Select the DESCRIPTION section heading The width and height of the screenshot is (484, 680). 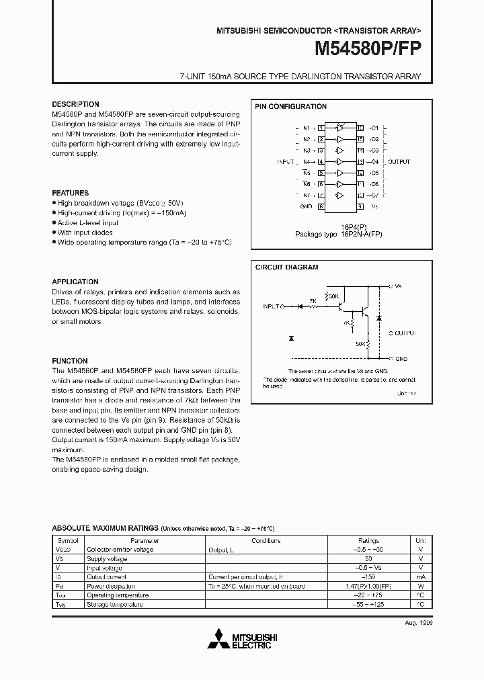coord(75,104)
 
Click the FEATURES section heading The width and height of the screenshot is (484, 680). coord(71,193)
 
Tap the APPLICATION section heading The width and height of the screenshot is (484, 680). coord(75,282)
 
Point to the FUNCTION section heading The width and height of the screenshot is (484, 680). coord(70,361)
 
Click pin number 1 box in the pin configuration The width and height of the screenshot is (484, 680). coord(321,128)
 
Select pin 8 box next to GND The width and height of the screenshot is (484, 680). coord(321,206)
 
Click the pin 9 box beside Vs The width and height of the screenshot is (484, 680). coord(360,206)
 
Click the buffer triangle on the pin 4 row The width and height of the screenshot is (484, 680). coord(341,162)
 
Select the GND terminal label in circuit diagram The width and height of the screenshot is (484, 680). coord(401,359)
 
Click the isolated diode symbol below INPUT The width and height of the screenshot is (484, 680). coord(290,337)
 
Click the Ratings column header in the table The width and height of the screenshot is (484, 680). coord(368,540)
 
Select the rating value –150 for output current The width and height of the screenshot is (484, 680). coord(368,577)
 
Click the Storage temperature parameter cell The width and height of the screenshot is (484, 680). coord(115,604)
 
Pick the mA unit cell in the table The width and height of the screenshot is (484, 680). coord(420,577)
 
